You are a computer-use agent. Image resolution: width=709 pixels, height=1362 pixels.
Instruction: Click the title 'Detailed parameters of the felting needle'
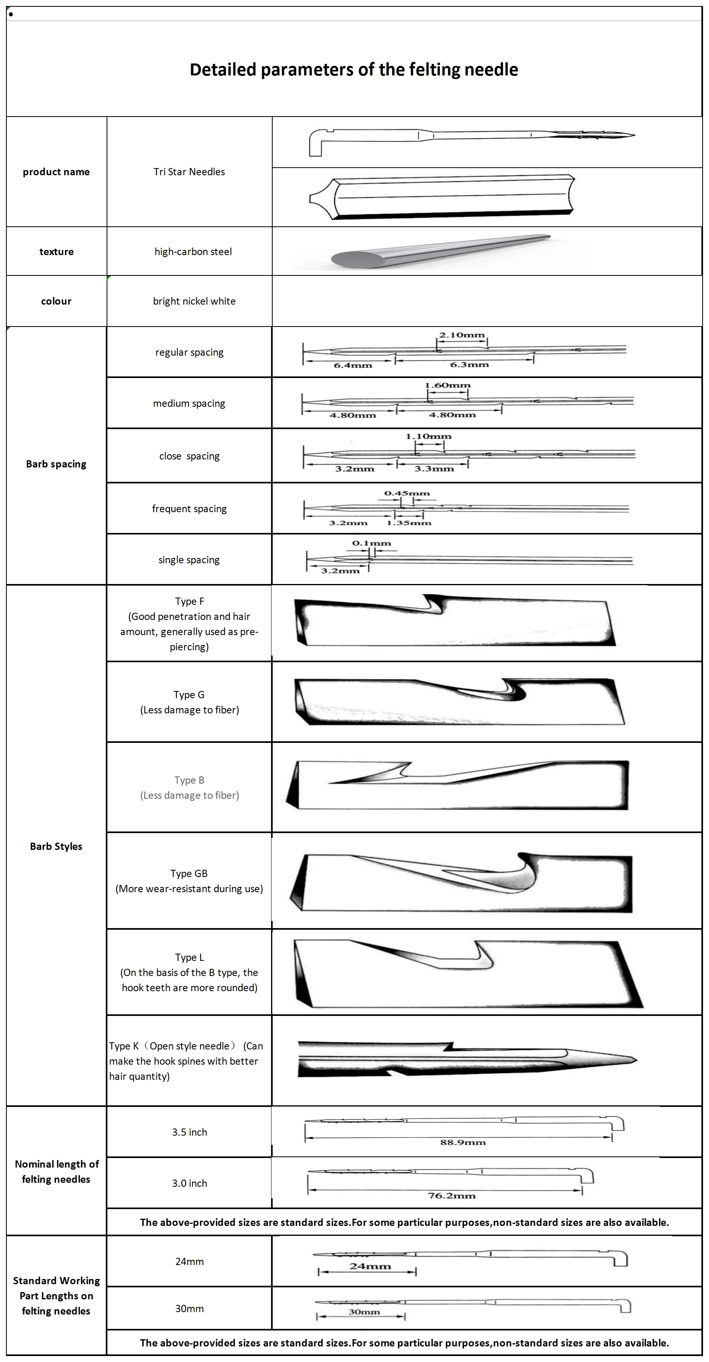(x=354, y=70)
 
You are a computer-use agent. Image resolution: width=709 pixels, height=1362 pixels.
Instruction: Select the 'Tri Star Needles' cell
(x=189, y=172)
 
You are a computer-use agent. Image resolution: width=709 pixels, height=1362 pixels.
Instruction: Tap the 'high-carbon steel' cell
(x=193, y=251)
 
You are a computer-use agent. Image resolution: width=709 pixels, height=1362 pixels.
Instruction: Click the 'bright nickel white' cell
(x=194, y=301)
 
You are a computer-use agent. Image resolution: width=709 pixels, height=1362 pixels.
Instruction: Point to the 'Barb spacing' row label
(x=56, y=464)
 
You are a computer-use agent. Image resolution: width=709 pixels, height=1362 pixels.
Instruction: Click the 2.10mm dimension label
(x=461, y=335)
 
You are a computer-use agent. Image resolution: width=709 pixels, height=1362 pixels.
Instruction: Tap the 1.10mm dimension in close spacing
(x=428, y=436)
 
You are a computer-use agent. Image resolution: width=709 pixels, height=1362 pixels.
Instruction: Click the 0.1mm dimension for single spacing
(x=371, y=543)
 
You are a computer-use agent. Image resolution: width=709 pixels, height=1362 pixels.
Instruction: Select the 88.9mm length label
(x=463, y=1142)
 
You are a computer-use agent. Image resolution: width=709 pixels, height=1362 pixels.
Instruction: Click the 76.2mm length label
(x=452, y=1196)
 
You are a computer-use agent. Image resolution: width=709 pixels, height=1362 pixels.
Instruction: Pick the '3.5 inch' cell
(x=189, y=1132)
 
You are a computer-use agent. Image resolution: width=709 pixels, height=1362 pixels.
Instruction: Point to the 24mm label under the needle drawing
(x=370, y=1266)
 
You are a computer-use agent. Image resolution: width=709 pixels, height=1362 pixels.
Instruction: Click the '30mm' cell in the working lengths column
(x=189, y=1309)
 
